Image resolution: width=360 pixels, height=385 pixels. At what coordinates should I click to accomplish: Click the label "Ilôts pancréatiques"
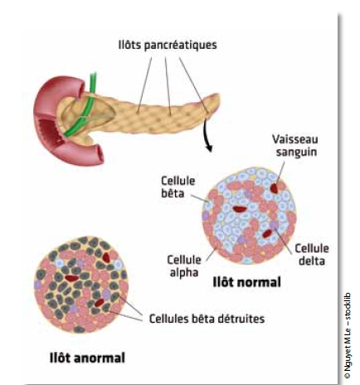(168, 45)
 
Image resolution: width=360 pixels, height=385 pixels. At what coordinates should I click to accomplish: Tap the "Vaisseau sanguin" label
(296, 146)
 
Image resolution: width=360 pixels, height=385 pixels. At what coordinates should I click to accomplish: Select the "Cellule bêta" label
(178, 187)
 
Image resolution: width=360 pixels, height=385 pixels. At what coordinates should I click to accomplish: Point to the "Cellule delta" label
(312, 255)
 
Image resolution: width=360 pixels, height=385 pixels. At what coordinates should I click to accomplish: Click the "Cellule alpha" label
(184, 266)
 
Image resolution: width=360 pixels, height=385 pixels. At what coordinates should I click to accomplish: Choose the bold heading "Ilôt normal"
(246, 282)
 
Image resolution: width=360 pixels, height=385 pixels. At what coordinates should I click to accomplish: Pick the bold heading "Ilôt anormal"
(87, 358)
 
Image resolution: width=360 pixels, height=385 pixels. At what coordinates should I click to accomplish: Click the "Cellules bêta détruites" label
(207, 319)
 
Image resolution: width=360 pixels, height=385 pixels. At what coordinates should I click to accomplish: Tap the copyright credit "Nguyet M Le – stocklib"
(348, 335)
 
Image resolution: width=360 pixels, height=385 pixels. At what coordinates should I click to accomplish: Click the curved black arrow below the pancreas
(206, 135)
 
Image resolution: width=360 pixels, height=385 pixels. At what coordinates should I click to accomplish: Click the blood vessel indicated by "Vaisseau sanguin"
(274, 188)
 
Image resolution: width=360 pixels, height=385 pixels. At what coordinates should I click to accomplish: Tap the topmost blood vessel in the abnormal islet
(106, 257)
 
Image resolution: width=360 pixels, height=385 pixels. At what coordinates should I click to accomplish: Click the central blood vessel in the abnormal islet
(72, 278)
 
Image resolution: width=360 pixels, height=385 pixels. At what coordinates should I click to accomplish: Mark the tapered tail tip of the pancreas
(218, 97)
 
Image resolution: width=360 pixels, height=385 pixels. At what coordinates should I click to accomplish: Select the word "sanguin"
(297, 152)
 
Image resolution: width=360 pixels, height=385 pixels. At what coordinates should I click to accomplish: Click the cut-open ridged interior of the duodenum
(50, 131)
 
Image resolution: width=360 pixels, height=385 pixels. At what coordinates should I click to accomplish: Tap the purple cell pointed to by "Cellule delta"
(274, 225)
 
